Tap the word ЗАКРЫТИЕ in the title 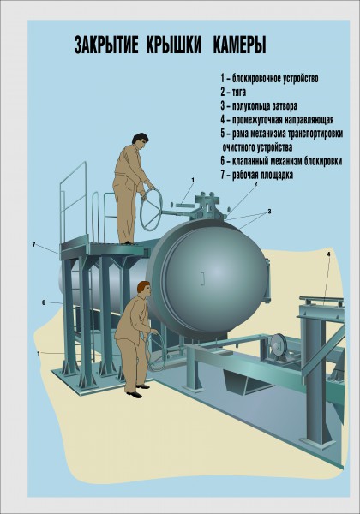coord(106,45)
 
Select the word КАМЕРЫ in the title coord(240,45)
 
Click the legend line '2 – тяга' coord(233,93)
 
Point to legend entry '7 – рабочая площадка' coord(257,175)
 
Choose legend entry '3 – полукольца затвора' coord(259,106)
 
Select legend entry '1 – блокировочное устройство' coord(269,78)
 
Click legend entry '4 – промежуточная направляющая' coord(277,120)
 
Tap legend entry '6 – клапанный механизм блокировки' coord(281,161)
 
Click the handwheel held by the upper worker coord(151,209)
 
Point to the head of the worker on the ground coord(144,288)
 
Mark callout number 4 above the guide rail coord(328,254)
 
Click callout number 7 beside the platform coord(33,244)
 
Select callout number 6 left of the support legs coord(44,302)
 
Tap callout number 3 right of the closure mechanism coord(269,212)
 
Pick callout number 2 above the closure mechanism coord(255,184)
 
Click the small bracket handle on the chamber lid coord(202,278)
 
